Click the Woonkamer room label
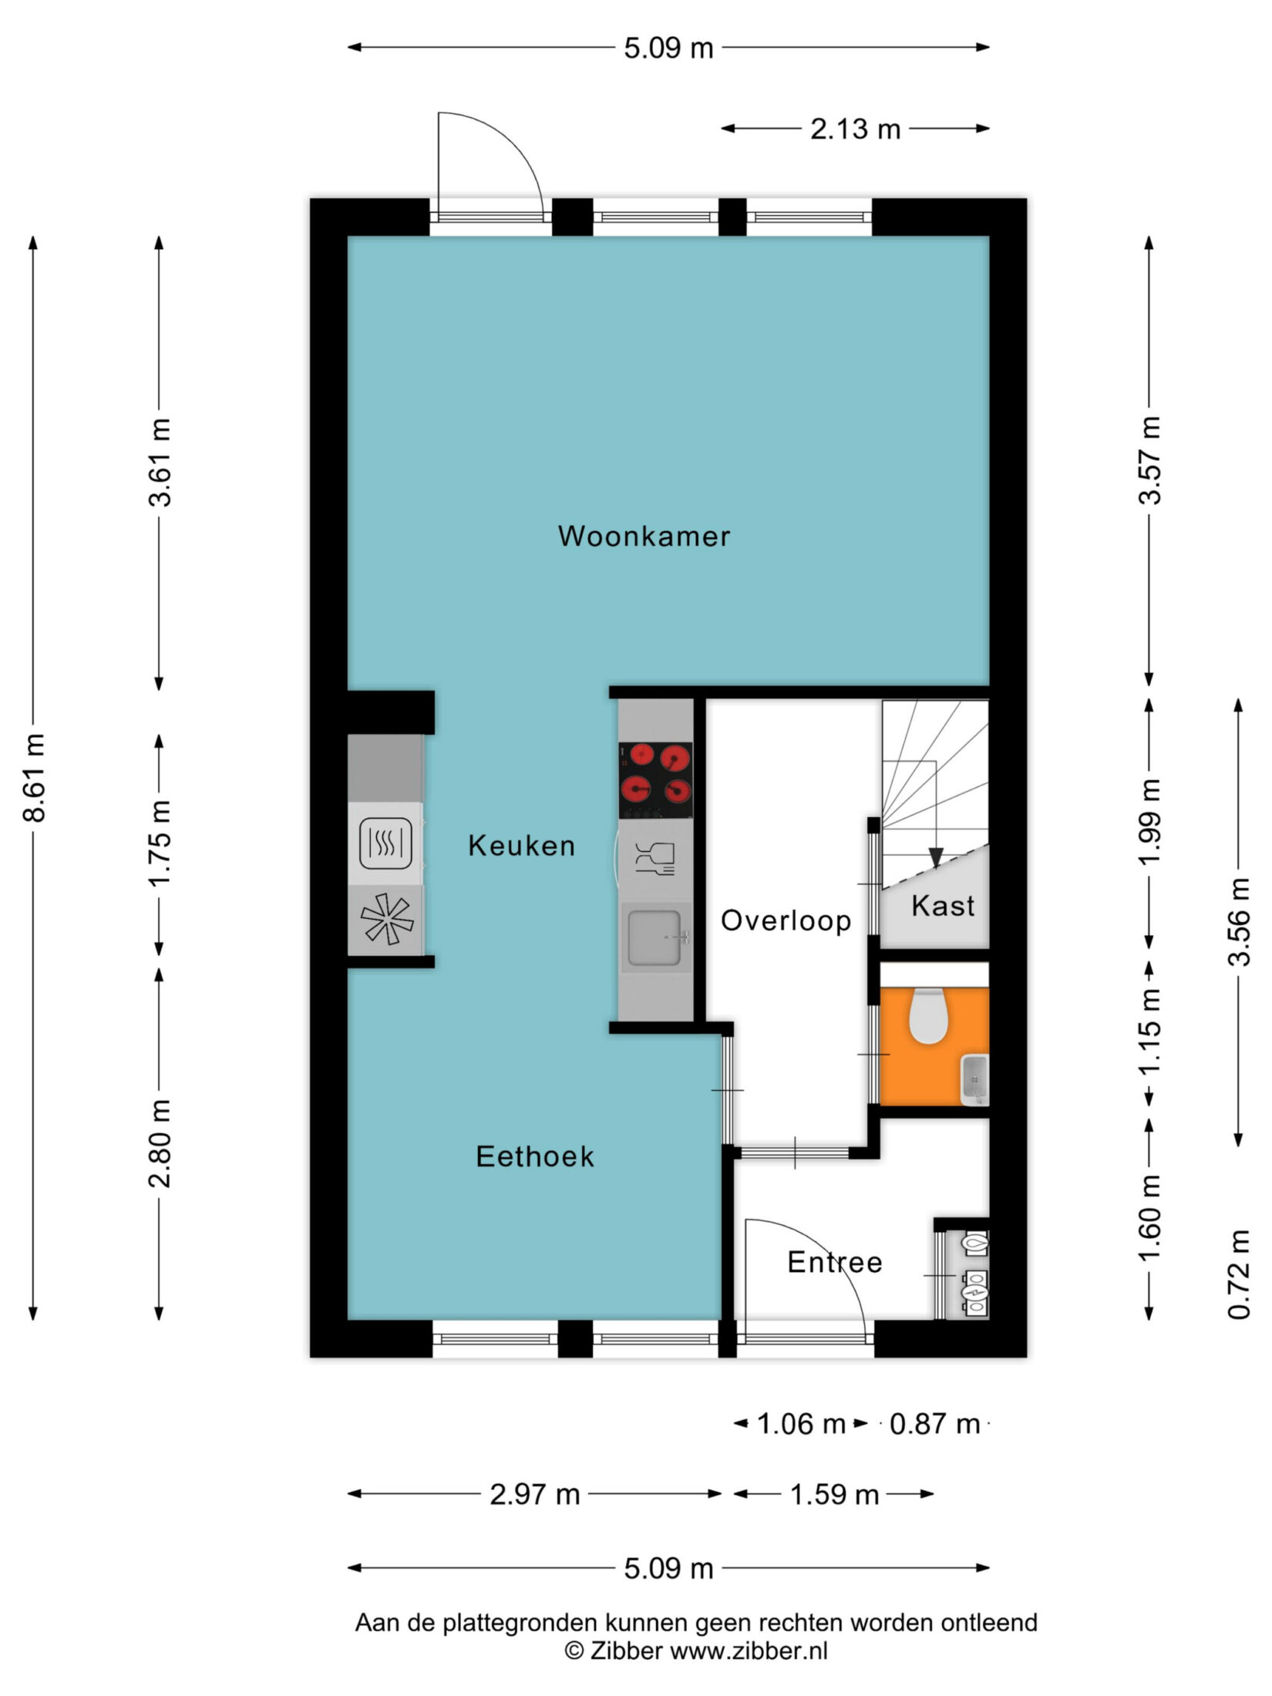click(644, 537)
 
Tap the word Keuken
click(522, 846)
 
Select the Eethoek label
click(535, 1156)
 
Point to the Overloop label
click(786, 920)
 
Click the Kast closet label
click(943, 906)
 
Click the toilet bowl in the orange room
click(927, 1017)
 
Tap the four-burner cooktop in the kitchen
click(655, 780)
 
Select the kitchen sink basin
click(655, 937)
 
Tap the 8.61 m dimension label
click(35, 778)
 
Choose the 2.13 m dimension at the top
click(855, 129)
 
